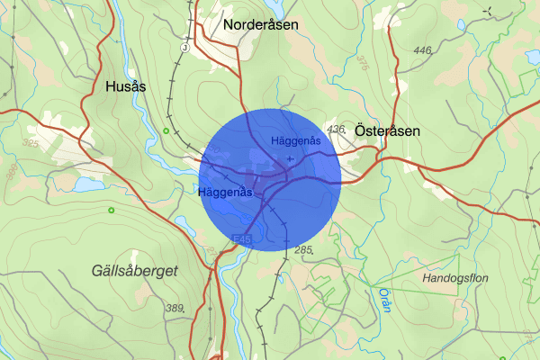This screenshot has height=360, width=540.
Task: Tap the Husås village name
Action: coord(125,86)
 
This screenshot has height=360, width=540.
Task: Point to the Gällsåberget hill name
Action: coord(135,270)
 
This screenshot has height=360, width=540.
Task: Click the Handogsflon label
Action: coord(454,279)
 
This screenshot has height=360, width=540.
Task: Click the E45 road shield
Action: coord(239,239)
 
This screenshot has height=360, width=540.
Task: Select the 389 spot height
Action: coord(175,309)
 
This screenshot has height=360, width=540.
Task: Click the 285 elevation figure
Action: coord(303,249)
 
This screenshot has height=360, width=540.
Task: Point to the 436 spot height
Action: coord(337,130)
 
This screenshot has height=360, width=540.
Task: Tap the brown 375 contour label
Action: coord(362,62)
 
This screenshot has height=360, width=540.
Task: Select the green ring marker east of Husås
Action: coord(166,131)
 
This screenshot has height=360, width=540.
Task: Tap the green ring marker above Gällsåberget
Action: coord(111,211)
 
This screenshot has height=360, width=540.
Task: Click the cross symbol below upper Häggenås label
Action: coord(288,159)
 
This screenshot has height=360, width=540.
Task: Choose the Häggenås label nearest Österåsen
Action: coord(296,140)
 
